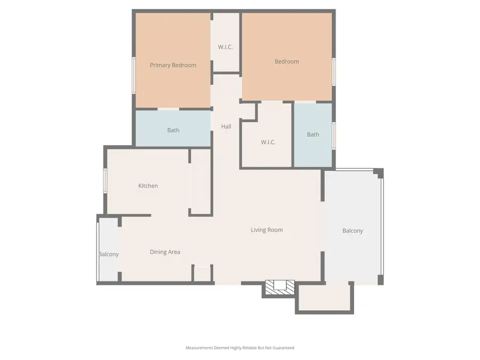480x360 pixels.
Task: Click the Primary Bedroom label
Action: (x=173, y=65)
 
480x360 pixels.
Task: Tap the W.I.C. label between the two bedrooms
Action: (x=225, y=47)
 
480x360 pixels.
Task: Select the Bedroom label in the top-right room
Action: (x=286, y=61)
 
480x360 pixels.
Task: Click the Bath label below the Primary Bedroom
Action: (x=173, y=130)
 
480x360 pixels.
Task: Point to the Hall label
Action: (x=226, y=126)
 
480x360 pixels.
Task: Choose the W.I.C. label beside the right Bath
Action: (x=268, y=142)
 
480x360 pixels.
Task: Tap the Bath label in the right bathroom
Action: (x=313, y=134)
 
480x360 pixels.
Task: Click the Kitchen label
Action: (x=148, y=186)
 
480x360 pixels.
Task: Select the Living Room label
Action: (x=267, y=230)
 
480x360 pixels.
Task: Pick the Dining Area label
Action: (x=165, y=252)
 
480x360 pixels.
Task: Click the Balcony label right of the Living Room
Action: (x=353, y=231)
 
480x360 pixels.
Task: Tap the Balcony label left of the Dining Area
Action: (x=109, y=254)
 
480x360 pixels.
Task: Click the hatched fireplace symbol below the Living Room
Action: (x=280, y=286)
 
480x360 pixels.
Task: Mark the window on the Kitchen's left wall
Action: (x=105, y=180)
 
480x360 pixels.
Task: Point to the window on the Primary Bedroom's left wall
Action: (x=134, y=68)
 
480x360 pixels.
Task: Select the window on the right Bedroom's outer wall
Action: (x=333, y=71)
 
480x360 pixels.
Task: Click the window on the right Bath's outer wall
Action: (x=333, y=135)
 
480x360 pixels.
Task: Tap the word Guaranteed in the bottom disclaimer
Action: (x=283, y=348)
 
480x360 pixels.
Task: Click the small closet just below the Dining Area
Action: (x=202, y=273)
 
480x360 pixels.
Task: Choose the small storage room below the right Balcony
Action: (x=324, y=298)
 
